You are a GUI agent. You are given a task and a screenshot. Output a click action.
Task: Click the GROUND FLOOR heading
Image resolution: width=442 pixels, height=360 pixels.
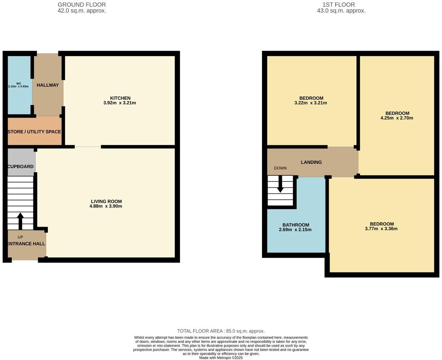tap(82, 5)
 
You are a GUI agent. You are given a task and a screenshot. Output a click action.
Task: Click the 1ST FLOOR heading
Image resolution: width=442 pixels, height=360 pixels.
tap(338, 5)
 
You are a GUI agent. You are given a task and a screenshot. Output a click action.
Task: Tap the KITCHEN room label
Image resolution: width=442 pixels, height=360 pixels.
tap(120, 98)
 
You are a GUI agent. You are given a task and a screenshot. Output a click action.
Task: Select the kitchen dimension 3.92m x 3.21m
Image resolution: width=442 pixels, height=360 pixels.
tap(119, 103)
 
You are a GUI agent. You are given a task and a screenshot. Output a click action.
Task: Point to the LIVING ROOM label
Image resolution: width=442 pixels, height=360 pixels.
tap(106, 201)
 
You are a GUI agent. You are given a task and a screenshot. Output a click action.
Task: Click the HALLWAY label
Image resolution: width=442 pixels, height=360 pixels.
tap(48, 85)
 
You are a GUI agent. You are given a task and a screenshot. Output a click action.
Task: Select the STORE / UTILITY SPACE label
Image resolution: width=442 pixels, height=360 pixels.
tap(34, 132)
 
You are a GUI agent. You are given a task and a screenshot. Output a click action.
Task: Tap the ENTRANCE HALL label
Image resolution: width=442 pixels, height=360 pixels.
tap(26, 244)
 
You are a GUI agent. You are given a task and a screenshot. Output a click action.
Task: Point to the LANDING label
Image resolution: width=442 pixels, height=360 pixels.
tap(311, 162)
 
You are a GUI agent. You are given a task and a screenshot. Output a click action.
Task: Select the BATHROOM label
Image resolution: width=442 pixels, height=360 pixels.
tap(296, 225)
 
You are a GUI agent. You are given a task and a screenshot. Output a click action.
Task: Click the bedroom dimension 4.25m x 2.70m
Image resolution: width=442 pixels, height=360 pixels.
tap(397, 118)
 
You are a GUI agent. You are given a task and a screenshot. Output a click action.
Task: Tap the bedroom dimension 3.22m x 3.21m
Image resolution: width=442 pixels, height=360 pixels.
tap(311, 103)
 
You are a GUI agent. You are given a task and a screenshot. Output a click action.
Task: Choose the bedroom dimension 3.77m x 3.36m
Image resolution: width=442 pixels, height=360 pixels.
tap(381, 228)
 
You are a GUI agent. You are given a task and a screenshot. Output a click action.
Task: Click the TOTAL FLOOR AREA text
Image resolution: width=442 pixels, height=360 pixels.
tap(221, 331)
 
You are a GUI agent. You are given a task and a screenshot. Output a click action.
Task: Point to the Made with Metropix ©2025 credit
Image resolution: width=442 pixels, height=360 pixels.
tap(221, 358)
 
